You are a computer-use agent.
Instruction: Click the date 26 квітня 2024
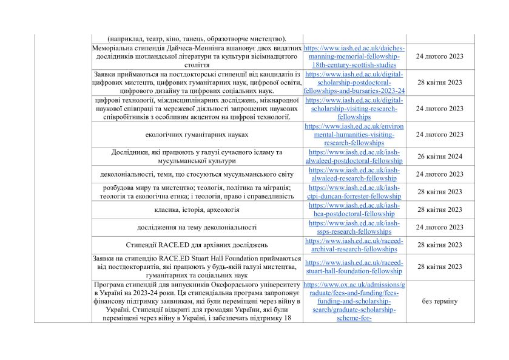[x=440, y=157]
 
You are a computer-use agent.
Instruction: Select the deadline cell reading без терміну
[x=440, y=301]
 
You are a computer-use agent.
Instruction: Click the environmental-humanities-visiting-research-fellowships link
[x=355, y=134]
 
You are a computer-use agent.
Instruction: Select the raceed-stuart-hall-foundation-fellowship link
[x=355, y=267]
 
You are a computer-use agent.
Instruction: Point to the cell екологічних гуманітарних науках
[x=197, y=134]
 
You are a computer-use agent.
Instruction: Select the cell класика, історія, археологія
[x=197, y=209]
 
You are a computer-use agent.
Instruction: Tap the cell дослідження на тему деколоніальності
[x=197, y=227]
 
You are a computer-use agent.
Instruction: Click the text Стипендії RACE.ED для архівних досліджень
[x=197, y=245]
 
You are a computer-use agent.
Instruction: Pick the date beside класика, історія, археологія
[x=440, y=209]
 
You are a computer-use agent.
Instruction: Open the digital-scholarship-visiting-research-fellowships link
[x=355, y=108]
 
